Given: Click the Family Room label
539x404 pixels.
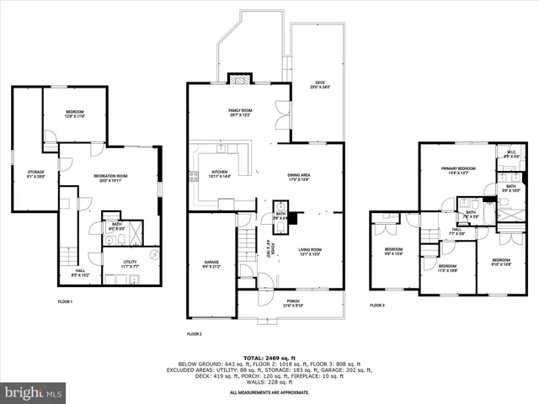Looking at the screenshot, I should (x=240, y=113).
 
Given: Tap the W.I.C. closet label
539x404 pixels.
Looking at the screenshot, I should (x=510, y=155).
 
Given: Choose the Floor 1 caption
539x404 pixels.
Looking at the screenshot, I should (x=65, y=300).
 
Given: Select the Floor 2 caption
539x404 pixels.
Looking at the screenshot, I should (x=195, y=334).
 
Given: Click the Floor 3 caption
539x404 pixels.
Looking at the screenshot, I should (x=377, y=306).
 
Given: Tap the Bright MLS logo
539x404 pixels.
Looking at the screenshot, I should (x=34, y=392).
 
